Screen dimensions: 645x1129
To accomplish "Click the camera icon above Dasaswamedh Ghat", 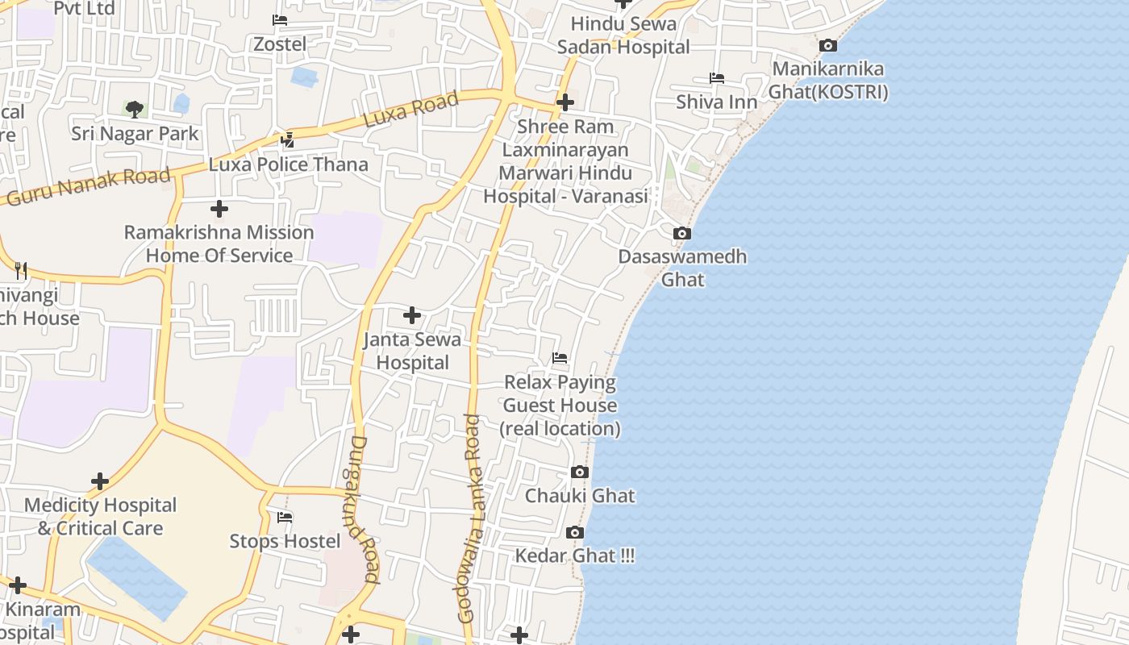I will tap(682, 234).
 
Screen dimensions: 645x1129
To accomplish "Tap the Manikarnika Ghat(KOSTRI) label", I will tap(827, 81).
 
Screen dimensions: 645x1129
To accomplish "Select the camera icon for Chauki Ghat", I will tap(580, 472).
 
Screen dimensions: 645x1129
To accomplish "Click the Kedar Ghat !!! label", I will tap(575, 556).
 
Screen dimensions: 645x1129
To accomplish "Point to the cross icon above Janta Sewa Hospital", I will tap(412, 314).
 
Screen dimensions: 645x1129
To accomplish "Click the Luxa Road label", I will tap(410, 109).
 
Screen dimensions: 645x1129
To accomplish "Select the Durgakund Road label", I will tap(365, 510).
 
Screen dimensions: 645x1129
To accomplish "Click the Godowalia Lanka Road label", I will tap(469, 518).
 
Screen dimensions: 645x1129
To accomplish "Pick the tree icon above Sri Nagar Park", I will tap(135, 109).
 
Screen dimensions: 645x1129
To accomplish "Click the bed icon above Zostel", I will tap(280, 20).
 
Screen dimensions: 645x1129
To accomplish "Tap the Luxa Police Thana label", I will tap(288, 164).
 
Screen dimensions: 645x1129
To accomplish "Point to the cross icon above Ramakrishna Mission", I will tap(219, 210).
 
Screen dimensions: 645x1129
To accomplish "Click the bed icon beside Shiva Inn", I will tap(717, 78).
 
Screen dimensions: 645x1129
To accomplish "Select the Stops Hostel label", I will tap(285, 541).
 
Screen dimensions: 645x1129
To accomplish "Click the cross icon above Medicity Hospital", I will tap(100, 481).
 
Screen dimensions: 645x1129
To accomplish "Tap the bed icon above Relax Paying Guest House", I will tap(560, 358).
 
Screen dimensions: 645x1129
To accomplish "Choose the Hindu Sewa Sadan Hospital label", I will tap(623, 35).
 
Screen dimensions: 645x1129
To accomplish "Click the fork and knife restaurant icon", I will tap(22, 270).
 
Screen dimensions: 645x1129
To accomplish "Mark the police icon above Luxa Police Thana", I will tap(287, 140).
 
